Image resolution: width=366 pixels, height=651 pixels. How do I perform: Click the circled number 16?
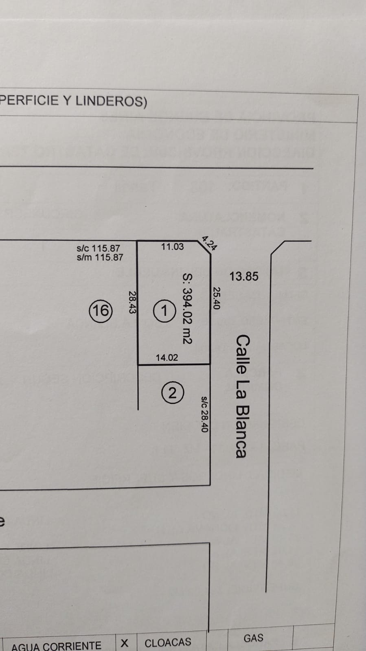(x=100, y=311)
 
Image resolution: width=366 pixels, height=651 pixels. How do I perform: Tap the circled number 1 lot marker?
(x=164, y=311)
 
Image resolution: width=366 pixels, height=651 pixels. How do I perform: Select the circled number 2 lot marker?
(x=172, y=393)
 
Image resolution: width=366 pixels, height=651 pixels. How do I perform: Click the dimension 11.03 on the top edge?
(x=172, y=246)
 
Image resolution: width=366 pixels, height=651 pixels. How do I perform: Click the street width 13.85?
(x=243, y=276)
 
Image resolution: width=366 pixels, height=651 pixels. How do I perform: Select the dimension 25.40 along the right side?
(x=217, y=298)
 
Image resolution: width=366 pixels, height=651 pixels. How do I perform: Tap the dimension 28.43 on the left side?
(x=132, y=302)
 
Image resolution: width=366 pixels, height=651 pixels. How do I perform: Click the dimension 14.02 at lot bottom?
(x=167, y=357)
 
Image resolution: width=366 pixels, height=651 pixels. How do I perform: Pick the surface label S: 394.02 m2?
(x=187, y=308)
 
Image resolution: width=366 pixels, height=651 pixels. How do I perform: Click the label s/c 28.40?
(x=204, y=414)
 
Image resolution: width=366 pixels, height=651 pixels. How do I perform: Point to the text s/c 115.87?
(x=98, y=248)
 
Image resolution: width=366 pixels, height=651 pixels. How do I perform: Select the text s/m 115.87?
(x=100, y=257)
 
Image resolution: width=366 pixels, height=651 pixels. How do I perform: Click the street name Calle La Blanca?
(x=242, y=396)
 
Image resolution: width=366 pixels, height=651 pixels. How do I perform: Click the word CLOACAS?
(x=168, y=642)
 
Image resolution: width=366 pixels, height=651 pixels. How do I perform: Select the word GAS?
(x=253, y=638)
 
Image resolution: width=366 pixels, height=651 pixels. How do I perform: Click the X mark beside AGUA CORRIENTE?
(x=125, y=643)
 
